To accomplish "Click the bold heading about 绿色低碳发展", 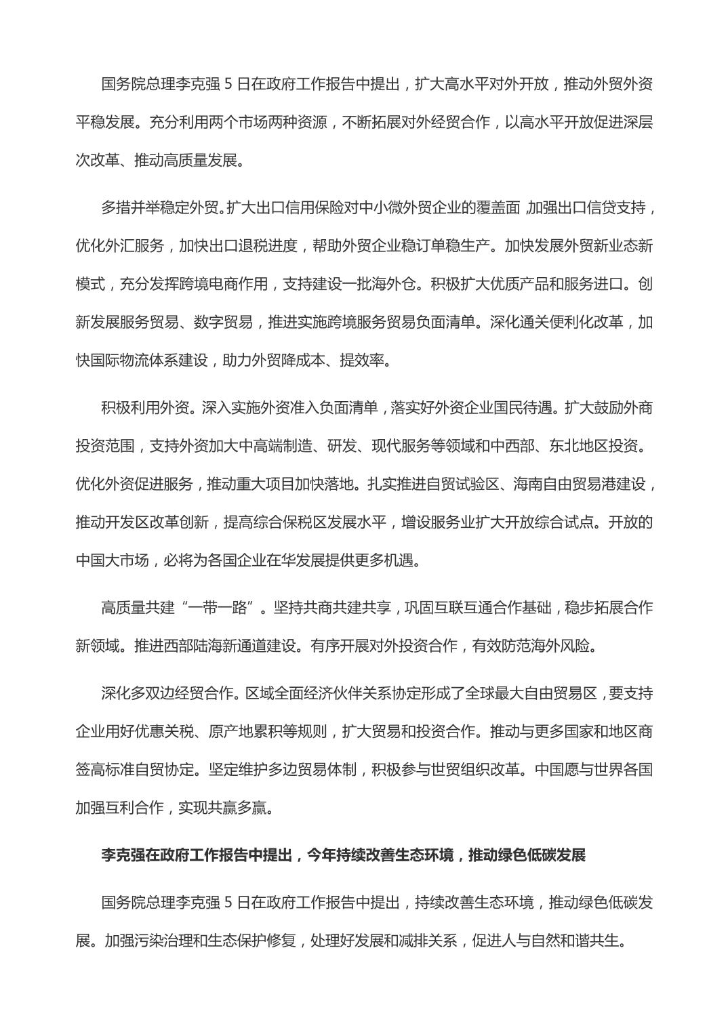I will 343,855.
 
